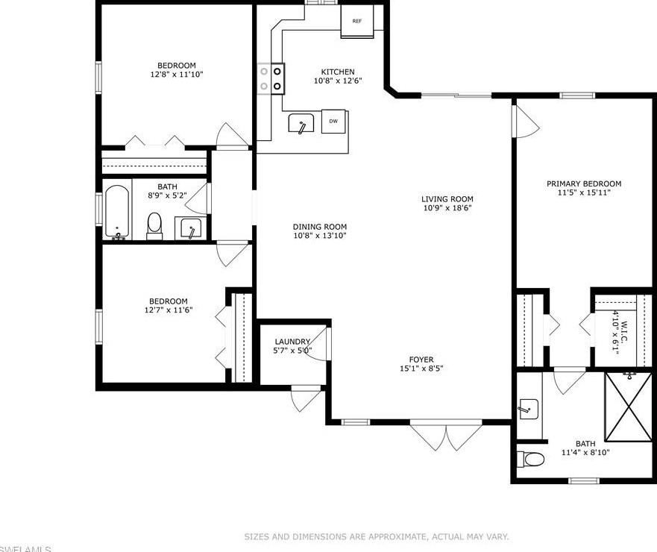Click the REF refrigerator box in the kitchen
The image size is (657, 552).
tap(357, 21)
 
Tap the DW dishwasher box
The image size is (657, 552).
tap(333, 121)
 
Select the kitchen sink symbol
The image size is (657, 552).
tap(301, 124)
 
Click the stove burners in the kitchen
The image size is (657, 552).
tap(271, 78)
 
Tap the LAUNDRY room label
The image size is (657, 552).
tap(292, 342)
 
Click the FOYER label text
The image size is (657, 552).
tap(421, 360)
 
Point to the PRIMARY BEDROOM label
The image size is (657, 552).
tap(583, 184)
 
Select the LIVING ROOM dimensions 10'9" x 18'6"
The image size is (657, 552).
tap(447, 208)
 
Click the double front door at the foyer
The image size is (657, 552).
tap(447, 437)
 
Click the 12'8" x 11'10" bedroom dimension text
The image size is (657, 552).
tap(176, 75)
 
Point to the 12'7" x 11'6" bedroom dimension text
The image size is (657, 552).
tap(169, 310)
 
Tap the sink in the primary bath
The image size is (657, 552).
tap(528, 408)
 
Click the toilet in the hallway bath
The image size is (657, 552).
tap(154, 225)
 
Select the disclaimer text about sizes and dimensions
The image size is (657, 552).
tap(377, 536)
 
